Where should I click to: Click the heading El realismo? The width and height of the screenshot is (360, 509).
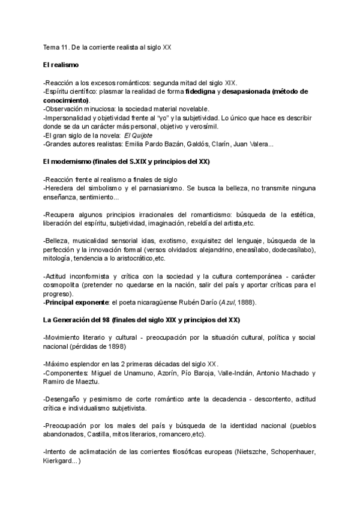point(61,64)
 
